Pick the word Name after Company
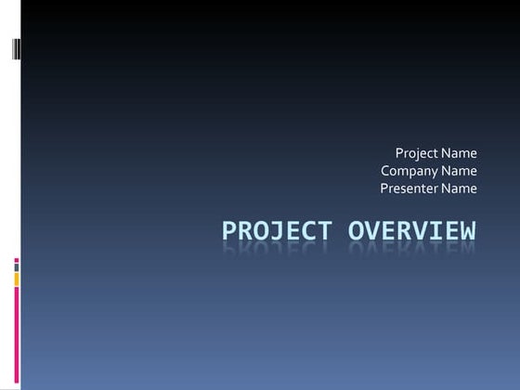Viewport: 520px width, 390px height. (x=460, y=171)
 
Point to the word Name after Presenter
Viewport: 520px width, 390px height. (x=460, y=188)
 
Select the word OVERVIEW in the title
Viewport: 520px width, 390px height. (x=412, y=231)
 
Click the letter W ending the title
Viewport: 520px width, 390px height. (x=467, y=231)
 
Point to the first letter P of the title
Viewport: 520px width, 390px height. (x=230, y=231)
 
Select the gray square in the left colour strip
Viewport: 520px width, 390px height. (x=16, y=268)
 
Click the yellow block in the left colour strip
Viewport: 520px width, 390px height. (x=16, y=279)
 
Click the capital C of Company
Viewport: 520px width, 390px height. (x=385, y=171)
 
